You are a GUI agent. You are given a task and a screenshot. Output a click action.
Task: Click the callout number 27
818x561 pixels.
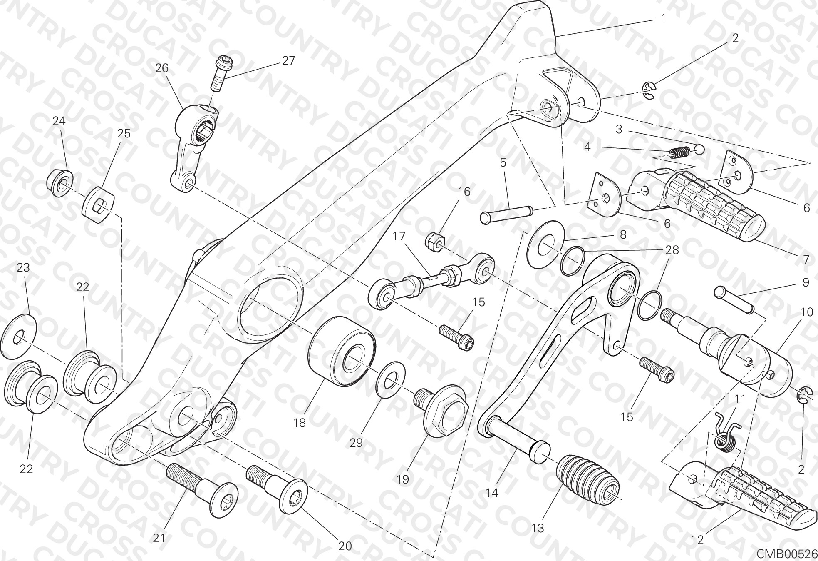tap(288, 61)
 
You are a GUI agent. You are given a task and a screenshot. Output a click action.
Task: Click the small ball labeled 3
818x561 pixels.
tap(700, 149)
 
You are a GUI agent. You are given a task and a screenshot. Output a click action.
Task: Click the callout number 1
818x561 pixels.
tap(663, 18)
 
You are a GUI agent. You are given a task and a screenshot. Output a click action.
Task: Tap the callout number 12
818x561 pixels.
tap(697, 540)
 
